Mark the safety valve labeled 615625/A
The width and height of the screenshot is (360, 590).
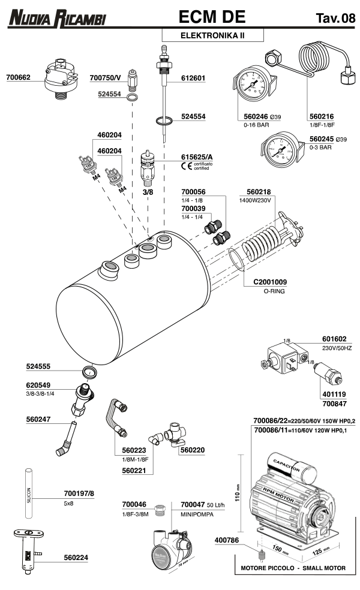tap(147, 168)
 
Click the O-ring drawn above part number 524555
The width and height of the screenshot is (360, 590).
tap(89, 371)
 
